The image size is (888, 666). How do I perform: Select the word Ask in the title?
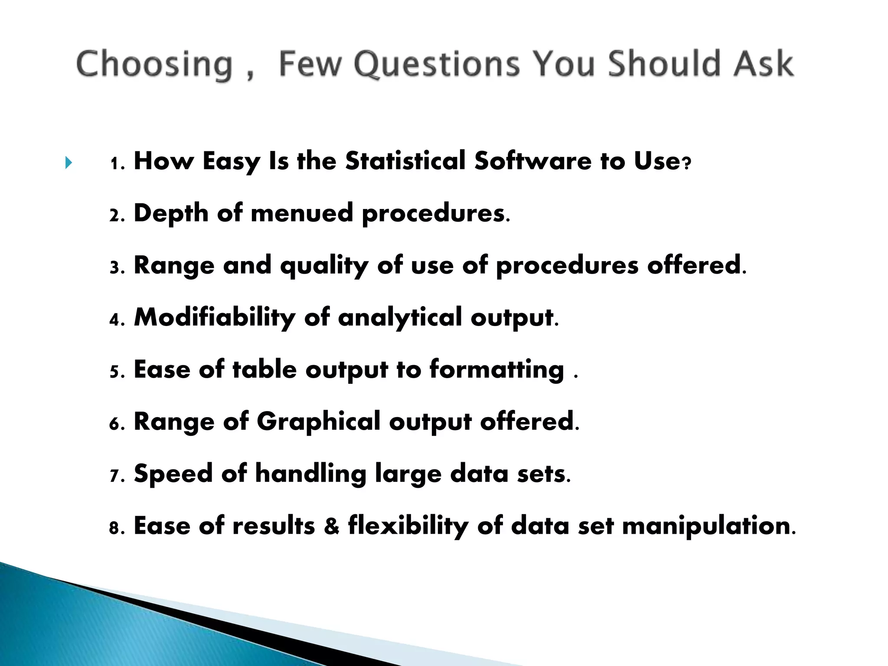tap(764, 64)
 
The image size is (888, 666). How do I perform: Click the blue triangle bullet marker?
tap(68, 163)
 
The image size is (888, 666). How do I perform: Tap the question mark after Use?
tap(686, 164)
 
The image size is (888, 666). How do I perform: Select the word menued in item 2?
tap(302, 213)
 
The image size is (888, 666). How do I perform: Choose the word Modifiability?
tap(214, 317)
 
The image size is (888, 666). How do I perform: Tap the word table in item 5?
tap(264, 369)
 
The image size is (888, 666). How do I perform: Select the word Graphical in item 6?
tap(318, 422)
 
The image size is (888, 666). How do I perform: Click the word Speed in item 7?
tap(173, 474)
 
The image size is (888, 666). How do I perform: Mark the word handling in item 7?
tap(310, 473)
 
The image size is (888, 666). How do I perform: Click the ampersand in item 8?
tap(332, 526)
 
